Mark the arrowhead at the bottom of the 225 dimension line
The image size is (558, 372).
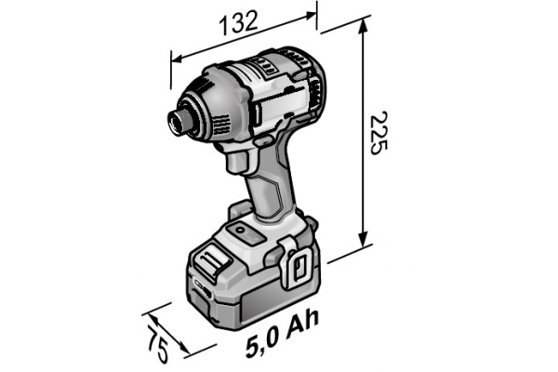coord(359,250)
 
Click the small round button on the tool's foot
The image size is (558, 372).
coord(237,226)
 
